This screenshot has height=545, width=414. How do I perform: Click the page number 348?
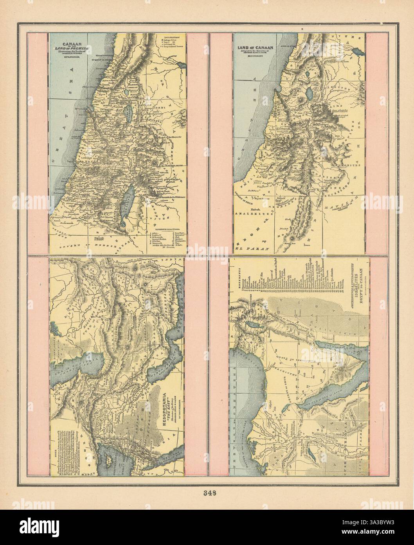(207, 493)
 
